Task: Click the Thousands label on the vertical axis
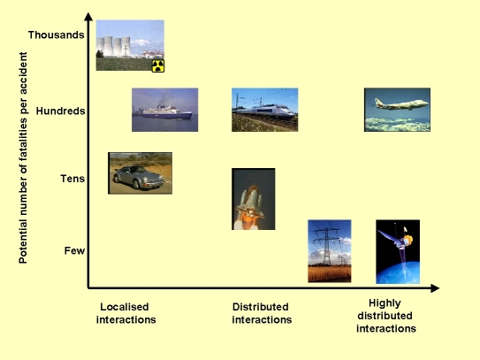click(x=57, y=34)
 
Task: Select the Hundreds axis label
click(x=61, y=111)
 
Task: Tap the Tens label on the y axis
click(x=72, y=179)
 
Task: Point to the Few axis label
click(x=74, y=250)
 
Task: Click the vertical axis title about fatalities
click(x=23, y=157)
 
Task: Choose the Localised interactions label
click(x=126, y=313)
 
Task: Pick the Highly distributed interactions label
click(x=386, y=316)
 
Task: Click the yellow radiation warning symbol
click(x=158, y=65)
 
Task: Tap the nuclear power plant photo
click(x=130, y=45)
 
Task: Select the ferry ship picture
click(x=165, y=110)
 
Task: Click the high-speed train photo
click(x=265, y=110)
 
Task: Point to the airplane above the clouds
click(x=397, y=110)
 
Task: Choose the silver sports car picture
click(x=141, y=173)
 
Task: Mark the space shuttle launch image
click(x=254, y=199)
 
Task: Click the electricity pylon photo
click(x=330, y=251)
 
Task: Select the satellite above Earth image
click(x=398, y=251)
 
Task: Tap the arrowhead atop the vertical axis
click(x=88, y=17)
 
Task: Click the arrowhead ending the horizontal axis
click(x=435, y=288)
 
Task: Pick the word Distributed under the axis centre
click(x=261, y=307)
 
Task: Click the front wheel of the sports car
click(x=136, y=184)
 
